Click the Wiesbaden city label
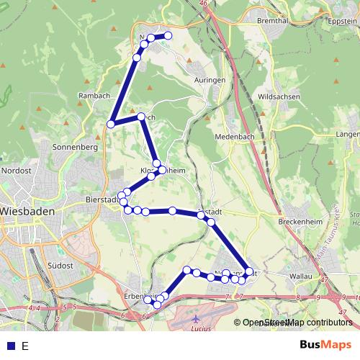tap(30, 212)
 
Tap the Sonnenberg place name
tap(75, 146)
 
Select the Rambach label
tap(94, 96)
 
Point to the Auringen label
tap(210, 80)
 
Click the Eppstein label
tap(341, 22)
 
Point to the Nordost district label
tap(17, 171)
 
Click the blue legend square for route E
tap(9, 346)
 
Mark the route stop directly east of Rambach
tap(111, 125)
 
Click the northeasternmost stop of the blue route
tap(168, 35)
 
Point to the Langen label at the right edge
tap(348, 134)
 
